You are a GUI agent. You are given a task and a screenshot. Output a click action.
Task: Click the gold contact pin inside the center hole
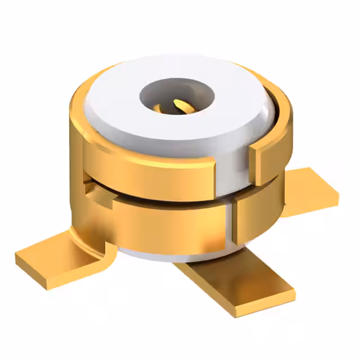click(x=179, y=105)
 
